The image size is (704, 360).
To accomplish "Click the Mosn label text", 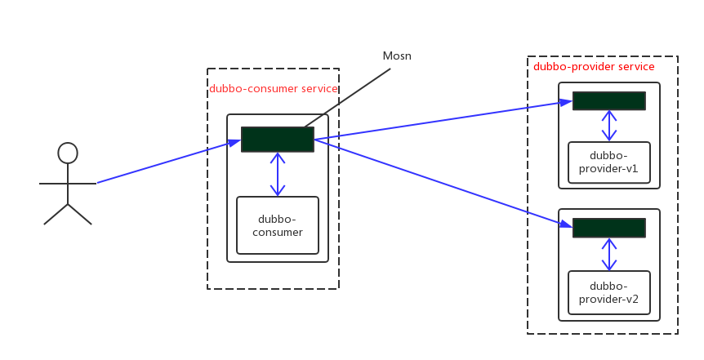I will tap(397, 56).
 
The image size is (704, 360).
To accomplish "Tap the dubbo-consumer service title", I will tap(273, 89).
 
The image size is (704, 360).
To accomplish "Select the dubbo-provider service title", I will tap(594, 67).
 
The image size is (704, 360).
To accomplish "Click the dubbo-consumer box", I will tap(278, 225).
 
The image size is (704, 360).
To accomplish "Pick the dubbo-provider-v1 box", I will tap(608, 162).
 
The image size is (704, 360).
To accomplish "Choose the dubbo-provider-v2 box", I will tap(608, 291).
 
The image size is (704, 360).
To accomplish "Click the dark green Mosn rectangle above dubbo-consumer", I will tap(278, 140).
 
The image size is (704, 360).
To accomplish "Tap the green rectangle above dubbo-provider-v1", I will tap(608, 101).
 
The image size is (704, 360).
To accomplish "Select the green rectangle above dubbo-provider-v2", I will tap(608, 228).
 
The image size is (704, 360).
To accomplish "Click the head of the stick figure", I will tap(68, 153).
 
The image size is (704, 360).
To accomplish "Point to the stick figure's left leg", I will tap(56, 214).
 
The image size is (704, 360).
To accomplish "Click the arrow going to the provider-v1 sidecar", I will tap(441, 121).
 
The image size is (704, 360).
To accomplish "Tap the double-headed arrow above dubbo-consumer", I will tap(278, 174).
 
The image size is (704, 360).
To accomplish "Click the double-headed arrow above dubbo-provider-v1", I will tap(608, 126).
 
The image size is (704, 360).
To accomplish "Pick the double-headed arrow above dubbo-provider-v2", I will tap(608, 254).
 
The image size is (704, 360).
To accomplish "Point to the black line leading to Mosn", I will tap(347, 97).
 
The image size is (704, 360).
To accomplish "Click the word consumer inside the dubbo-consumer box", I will tap(278, 233).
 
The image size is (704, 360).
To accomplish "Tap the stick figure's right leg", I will tap(80, 214).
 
